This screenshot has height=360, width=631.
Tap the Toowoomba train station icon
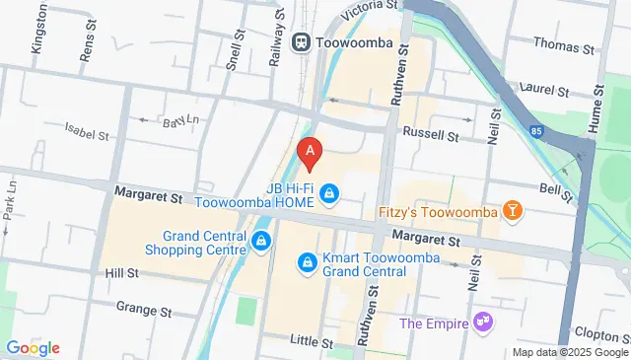[301, 42]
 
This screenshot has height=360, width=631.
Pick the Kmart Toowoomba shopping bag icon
[306, 262]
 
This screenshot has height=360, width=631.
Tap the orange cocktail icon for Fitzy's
[512, 211]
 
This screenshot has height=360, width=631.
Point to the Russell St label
[429, 134]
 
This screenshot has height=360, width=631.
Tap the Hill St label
[122, 272]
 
